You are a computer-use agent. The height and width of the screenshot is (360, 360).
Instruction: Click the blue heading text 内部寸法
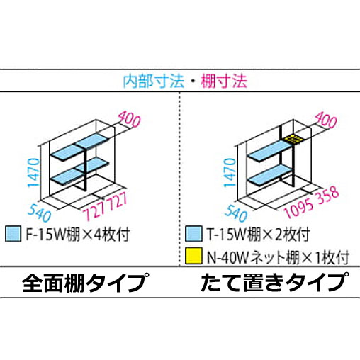(154, 81)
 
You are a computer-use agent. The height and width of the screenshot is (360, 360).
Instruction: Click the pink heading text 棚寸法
(224, 81)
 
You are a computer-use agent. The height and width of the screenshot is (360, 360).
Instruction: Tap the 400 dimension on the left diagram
(130, 119)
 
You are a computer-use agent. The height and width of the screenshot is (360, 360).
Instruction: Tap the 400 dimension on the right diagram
(326, 120)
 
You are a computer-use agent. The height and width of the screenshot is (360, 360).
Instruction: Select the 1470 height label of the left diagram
(33, 173)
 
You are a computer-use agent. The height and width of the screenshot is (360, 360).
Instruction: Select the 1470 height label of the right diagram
(230, 173)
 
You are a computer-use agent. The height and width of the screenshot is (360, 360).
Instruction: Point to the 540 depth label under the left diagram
(39, 213)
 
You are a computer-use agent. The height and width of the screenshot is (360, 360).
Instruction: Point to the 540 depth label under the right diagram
(236, 213)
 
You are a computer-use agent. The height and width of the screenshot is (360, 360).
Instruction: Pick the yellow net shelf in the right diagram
(293, 139)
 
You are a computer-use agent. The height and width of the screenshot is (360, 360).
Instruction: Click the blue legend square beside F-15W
(13, 234)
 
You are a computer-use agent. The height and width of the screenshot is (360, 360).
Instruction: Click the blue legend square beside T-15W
(193, 234)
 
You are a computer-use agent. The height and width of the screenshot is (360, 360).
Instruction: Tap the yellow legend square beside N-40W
(193, 256)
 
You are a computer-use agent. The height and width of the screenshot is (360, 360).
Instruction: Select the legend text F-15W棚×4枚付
(78, 235)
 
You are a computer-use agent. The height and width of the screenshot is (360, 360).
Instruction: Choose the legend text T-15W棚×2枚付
(258, 235)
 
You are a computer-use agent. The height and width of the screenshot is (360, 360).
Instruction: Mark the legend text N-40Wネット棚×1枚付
(278, 257)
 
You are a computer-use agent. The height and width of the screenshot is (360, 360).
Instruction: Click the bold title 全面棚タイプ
(86, 283)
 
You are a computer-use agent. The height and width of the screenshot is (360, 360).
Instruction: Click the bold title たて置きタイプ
(275, 282)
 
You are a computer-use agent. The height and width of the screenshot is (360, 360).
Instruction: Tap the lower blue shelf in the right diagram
(269, 174)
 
